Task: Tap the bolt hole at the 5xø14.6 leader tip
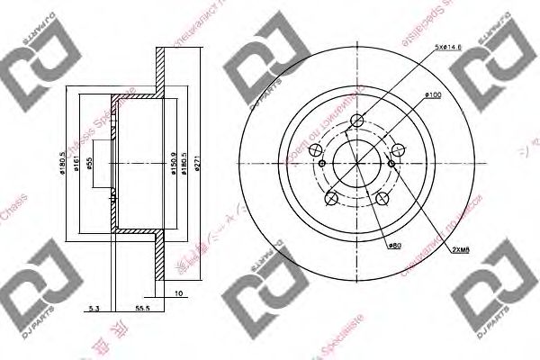point(356,124)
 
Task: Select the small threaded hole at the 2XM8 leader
point(391,164)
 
